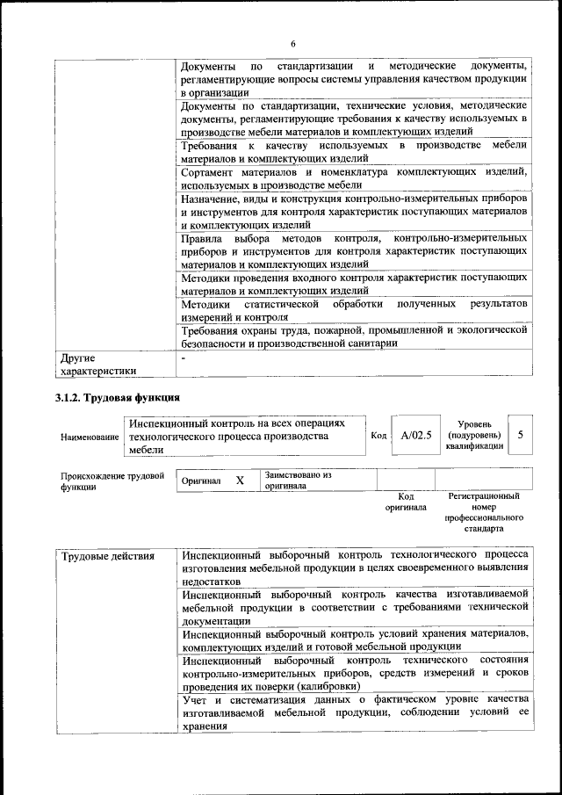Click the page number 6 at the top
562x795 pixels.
click(x=293, y=45)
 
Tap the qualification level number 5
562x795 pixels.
click(x=521, y=435)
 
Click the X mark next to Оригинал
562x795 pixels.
click(x=239, y=481)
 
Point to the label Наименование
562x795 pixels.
click(x=90, y=437)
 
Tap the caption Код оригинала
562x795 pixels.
click(x=406, y=502)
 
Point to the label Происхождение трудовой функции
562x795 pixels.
click(x=112, y=481)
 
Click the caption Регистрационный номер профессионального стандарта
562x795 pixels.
click(x=484, y=513)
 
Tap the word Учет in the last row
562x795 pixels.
click(x=198, y=699)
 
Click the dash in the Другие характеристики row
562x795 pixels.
click(x=184, y=358)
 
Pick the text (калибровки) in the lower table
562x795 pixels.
click(x=328, y=685)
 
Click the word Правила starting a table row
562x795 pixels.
click(x=201, y=239)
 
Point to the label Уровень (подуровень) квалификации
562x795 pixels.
click(x=474, y=435)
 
